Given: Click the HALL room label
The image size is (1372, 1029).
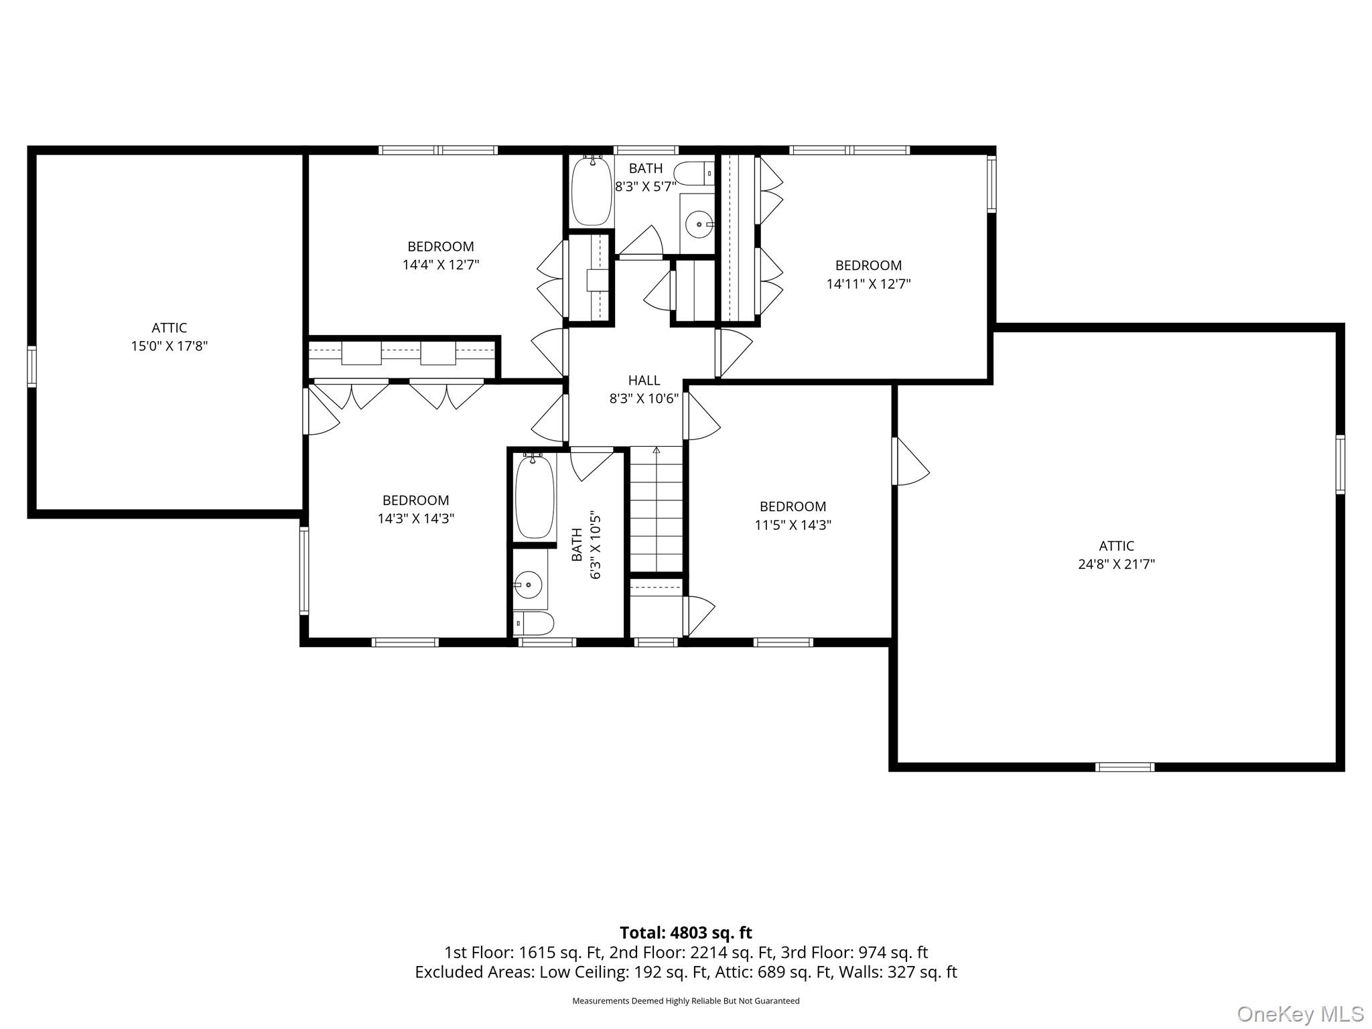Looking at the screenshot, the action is [644, 380].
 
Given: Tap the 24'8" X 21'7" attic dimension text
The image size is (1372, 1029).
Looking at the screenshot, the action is [1116, 564].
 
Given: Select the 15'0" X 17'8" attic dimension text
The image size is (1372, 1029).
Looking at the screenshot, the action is [169, 346].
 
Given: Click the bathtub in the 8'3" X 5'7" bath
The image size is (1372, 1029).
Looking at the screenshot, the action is [592, 190].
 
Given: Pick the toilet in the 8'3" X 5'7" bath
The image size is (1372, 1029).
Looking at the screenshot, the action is [694, 174].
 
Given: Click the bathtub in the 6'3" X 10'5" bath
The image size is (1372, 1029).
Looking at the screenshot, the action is [535, 496].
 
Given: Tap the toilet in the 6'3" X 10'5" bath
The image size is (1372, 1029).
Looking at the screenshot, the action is [533, 623].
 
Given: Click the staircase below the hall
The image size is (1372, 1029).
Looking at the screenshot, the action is [657, 509].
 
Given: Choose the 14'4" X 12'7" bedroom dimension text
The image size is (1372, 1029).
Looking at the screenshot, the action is [440, 265].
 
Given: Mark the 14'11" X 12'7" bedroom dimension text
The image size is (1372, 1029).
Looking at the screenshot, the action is [868, 283].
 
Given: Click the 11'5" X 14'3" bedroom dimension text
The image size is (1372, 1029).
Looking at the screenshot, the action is [793, 525].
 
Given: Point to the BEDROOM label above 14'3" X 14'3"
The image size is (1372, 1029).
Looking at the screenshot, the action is [415, 500].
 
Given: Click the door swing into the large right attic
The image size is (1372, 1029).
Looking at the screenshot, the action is [911, 461].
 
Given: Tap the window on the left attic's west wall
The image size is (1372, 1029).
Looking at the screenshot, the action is [31, 366].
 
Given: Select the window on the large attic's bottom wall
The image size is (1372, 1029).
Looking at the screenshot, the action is [1125, 767].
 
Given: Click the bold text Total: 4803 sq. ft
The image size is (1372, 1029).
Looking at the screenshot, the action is [685, 933].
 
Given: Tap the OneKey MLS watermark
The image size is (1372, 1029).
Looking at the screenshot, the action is [1300, 1014].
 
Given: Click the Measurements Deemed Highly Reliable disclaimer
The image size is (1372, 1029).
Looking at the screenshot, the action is [685, 1001].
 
